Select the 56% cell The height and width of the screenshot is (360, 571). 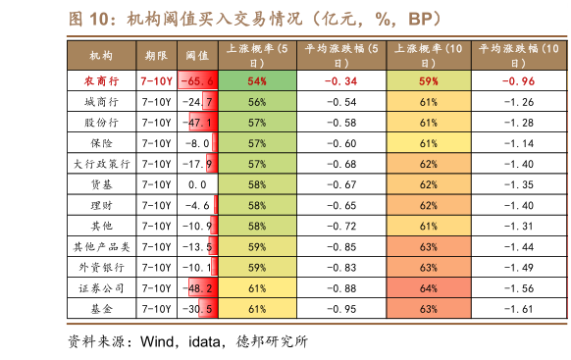click(x=257, y=102)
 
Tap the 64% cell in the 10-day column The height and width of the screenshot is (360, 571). click(x=428, y=288)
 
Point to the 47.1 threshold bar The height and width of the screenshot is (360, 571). click(x=201, y=123)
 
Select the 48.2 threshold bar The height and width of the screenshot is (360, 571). click(x=201, y=288)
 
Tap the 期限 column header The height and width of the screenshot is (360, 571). click(x=155, y=56)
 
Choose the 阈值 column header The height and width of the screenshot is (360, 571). click(x=197, y=56)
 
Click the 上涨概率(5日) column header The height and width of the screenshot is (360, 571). click(x=257, y=55)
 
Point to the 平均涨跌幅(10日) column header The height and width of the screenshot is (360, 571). click(x=517, y=55)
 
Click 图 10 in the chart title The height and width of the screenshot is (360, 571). click(x=92, y=20)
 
